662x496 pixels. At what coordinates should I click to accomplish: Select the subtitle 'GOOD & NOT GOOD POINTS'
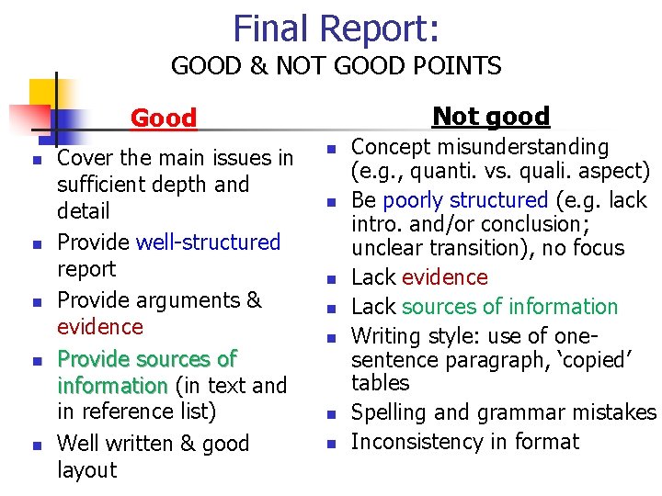coord(336,66)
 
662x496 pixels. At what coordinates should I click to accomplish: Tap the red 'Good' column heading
coord(164,118)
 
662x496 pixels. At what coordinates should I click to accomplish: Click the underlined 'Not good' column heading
coord(491,116)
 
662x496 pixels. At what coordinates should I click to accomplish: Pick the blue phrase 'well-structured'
coord(208,242)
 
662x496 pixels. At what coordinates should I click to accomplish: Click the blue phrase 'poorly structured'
coord(465,200)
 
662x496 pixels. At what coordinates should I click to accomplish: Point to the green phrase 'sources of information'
coord(510,307)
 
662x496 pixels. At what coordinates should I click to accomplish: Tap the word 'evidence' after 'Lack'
coord(445,277)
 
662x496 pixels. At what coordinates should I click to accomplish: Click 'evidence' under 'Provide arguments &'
coord(100,327)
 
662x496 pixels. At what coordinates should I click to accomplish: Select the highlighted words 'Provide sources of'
coord(147,358)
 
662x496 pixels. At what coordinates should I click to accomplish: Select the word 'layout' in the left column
coord(87,470)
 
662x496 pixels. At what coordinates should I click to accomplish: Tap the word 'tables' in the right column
coord(381,382)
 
